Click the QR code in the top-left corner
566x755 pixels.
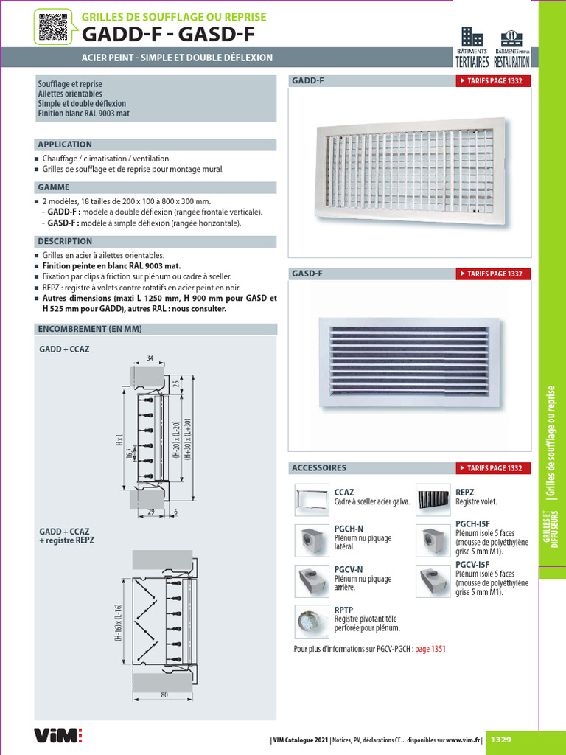[x=52, y=28]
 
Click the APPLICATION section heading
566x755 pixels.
[x=66, y=145]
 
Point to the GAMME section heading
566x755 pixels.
[x=54, y=187]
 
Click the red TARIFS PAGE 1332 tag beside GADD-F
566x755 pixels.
[x=491, y=81]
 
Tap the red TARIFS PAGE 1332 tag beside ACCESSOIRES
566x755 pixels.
[x=491, y=468]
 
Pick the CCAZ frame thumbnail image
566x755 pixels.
[x=311, y=500]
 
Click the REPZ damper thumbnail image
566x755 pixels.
[x=433, y=500]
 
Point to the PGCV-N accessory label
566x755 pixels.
[x=349, y=569]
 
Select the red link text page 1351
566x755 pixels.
[x=430, y=649]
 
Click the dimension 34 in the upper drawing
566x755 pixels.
[x=150, y=358]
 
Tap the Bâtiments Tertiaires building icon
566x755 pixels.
[x=471, y=37]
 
